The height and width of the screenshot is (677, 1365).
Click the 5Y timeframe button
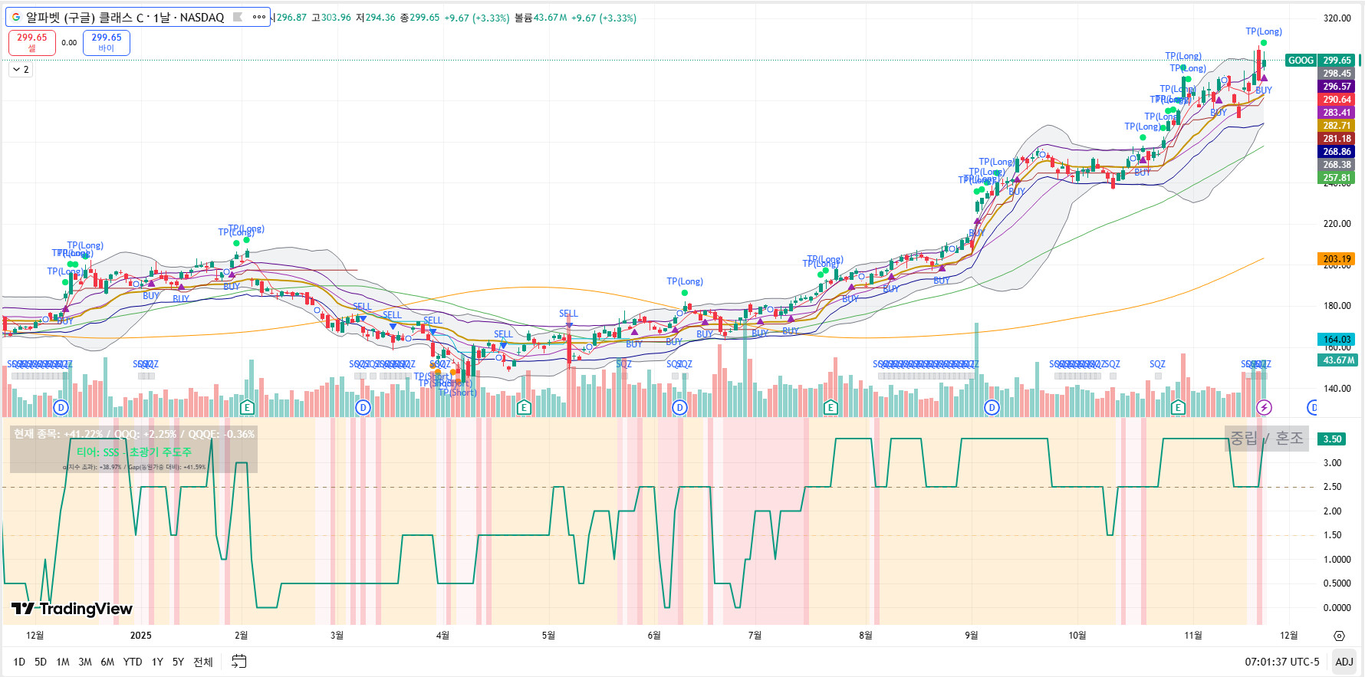coord(178,662)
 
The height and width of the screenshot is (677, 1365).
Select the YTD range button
coord(133,662)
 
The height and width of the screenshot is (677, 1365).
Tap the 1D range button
coord(19,662)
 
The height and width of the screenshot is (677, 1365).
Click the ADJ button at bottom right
coord(1344,662)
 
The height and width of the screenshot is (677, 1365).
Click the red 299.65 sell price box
coord(32,42)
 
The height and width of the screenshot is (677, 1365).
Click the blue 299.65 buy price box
coord(107,42)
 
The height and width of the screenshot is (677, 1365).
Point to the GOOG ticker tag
coord(1301,61)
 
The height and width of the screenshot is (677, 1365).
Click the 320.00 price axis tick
coord(1337,18)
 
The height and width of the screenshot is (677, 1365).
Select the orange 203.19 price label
coord(1337,259)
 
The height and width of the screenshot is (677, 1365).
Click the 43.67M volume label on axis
coord(1337,360)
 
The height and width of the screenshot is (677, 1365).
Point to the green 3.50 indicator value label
coord(1332,439)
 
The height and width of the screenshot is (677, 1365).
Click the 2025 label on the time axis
coord(141,635)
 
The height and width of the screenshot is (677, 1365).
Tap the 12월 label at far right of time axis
coord(1288,635)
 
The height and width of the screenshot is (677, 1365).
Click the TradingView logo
coord(72,609)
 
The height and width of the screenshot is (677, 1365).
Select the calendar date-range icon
coord(239,662)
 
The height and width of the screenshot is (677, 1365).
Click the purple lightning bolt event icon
coord(1265,407)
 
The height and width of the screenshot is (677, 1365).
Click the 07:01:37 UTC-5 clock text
coord(1281,662)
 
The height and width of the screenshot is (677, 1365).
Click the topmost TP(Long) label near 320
coord(1264,31)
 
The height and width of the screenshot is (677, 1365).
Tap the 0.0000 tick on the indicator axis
coord(1337,608)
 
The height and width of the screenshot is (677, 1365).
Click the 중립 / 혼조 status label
coord(1266,438)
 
